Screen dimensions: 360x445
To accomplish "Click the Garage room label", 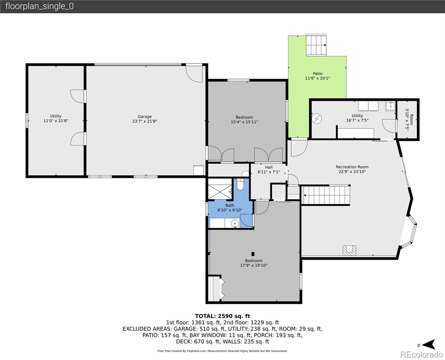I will point(145,117).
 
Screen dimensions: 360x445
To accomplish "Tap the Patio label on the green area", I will point(318,73).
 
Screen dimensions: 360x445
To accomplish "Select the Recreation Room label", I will point(352,167).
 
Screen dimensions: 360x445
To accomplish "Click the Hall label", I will point(269,167).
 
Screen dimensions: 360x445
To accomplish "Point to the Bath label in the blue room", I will point(230,205).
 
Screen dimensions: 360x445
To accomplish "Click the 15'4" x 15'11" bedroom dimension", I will point(244,122).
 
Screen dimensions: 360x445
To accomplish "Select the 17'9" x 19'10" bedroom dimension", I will point(254,265).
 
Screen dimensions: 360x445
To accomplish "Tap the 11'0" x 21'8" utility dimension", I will point(56,121).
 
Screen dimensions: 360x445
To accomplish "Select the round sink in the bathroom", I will point(235,223).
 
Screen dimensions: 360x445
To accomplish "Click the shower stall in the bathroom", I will point(220,189).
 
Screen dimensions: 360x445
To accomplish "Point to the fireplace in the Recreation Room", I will point(349,250).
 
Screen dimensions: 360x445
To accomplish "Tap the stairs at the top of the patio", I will point(316,45).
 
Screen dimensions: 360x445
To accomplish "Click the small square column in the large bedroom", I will point(253,253).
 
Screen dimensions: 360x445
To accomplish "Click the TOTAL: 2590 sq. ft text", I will point(222,316).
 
